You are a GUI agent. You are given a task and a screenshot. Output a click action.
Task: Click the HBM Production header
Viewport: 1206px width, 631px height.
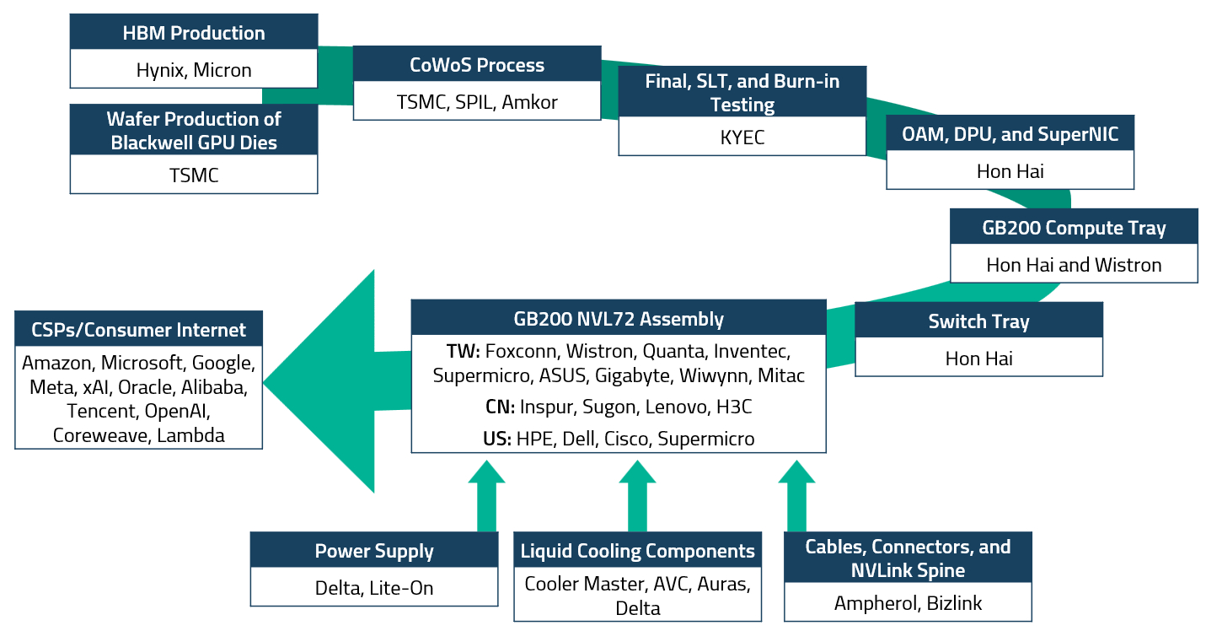(x=194, y=34)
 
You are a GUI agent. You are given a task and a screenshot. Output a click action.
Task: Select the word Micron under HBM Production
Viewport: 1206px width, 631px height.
(x=222, y=70)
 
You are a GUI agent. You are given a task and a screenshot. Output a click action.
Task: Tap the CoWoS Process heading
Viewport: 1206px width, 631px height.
(x=477, y=66)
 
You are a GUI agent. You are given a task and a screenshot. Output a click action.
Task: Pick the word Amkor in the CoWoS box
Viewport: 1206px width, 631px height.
(x=529, y=103)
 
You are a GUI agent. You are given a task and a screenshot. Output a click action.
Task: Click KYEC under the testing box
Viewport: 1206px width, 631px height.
(x=742, y=138)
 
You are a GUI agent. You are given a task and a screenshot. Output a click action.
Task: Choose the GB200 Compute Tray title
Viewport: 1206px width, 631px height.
(x=1074, y=228)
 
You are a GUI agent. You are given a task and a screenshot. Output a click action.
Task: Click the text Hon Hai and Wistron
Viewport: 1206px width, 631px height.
(x=1074, y=265)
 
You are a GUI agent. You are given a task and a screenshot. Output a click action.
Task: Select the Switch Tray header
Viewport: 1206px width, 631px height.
(x=978, y=321)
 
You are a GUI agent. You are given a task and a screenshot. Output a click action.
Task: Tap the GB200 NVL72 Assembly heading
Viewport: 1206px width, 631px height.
(x=619, y=319)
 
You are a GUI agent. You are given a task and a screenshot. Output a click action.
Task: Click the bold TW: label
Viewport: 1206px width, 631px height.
(x=463, y=350)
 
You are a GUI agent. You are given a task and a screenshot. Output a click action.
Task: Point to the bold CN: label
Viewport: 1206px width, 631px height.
(x=500, y=407)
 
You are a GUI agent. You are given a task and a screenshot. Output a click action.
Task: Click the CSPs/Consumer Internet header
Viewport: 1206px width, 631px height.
(x=138, y=330)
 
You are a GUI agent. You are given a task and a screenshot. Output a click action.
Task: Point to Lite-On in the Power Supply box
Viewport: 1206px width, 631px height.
(x=401, y=588)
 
